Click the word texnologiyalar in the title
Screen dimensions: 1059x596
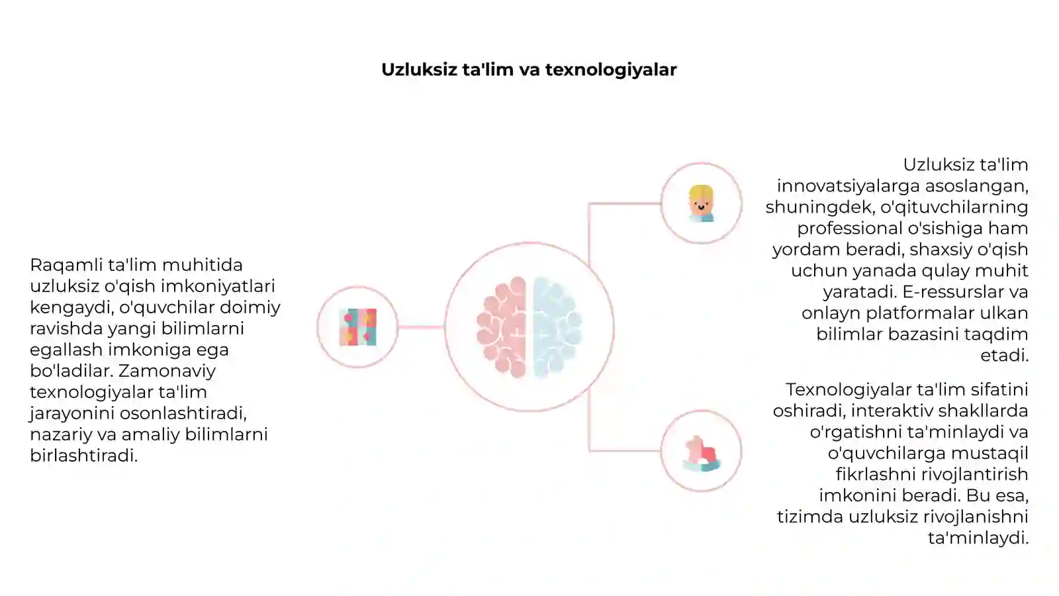click(x=611, y=70)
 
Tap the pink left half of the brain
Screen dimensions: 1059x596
click(x=502, y=327)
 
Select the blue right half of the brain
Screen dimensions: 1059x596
click(x=557, y=327)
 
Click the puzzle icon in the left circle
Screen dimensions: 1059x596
click(x=358, y=327)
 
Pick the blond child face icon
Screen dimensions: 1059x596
click(x=701, y=203)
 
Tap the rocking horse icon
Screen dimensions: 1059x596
click(x=702, y=453)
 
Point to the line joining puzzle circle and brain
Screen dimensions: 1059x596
click(x=421, y=327)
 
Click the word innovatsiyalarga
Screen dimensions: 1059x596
click(x=848, y=186)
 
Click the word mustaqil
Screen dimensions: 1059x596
click(x=990, y=454)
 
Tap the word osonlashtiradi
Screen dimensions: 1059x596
click(x=183, y=413)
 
